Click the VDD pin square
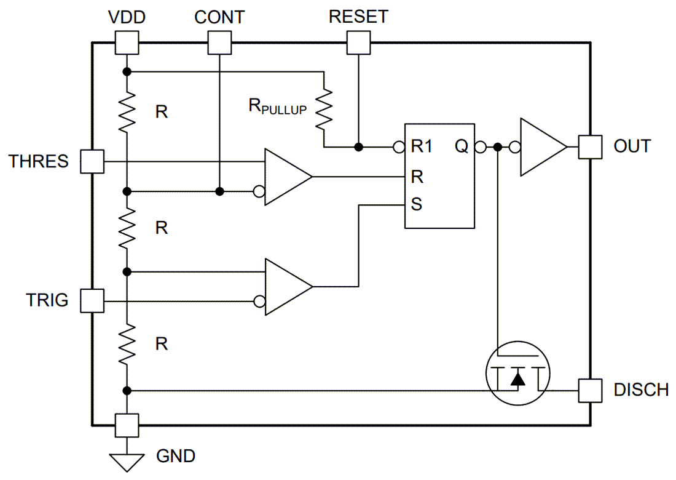pyautogui.click(x=127, y=42)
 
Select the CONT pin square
pyautogui.click(x=219, y=42)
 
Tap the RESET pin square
pyautogui.click(x=359, y=42)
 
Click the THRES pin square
pyautogui.click(x=93, y=162)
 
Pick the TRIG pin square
pyautogui.click(x=93, y=302)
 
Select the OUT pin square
pyautogui.click(x=590, y=147)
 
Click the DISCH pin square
pyautogui.click(x=590, y=390)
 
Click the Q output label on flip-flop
pyautogui.click(x=461, y=147)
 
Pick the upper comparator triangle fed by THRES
pyautogui.click(x=286, y=177)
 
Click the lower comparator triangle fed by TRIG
pyautogui.click(x=286, y=287)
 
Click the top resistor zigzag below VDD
pyautogui.click(x=127, y=112)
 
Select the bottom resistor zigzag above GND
pyautogui.click(x=127, y=345)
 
